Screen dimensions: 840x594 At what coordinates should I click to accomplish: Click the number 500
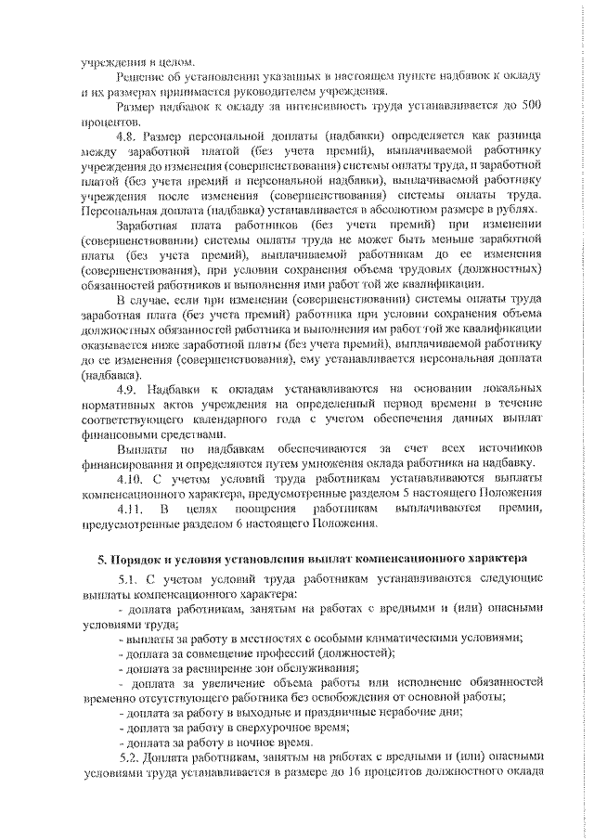tap(529, 107)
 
